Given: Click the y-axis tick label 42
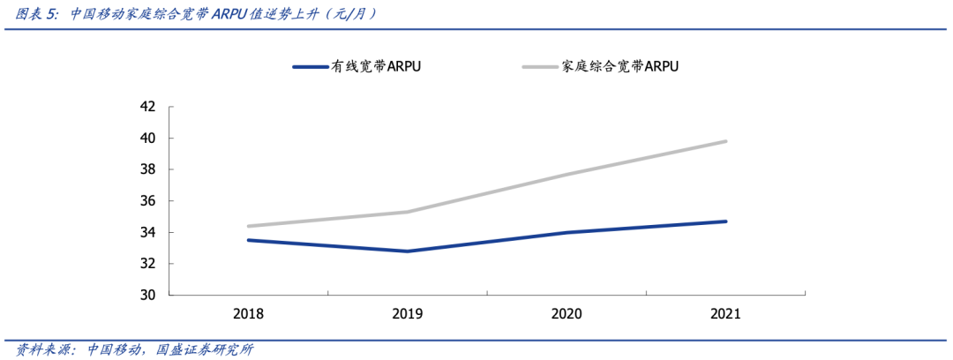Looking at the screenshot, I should [148, 107].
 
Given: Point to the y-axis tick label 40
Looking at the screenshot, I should [148, 139].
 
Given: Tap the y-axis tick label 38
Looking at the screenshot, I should [148, 169].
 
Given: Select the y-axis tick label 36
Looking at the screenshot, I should [148, 201].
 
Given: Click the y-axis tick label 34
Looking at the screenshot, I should [148, 233].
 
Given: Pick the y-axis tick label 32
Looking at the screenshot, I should [148, 264].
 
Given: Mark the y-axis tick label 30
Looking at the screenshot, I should [148, 296].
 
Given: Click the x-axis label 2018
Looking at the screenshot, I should [248, 314].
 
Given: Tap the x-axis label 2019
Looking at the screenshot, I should [408, 314].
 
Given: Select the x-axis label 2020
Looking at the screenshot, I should [567, 314].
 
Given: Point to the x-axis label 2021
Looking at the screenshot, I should [725, 314].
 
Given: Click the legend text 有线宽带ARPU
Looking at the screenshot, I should [376, 66].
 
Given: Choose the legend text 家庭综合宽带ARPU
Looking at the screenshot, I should [619, 66].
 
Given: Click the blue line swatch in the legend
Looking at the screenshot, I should [309, 66].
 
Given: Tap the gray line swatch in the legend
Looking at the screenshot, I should [539, 66].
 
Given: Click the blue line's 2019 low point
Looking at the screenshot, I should [408, 251].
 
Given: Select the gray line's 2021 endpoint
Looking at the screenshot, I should [725, 141].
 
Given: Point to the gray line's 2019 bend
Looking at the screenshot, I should [408, 212].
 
